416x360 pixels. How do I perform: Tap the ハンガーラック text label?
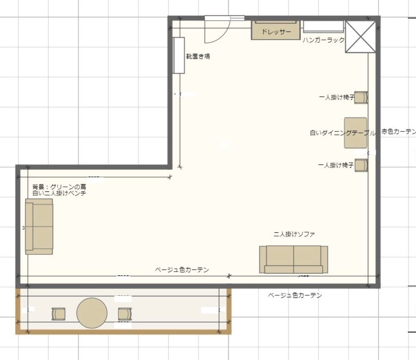pos(323,40)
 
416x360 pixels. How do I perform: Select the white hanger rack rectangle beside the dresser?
pos(323,27)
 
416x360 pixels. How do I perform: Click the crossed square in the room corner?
pos(360,36)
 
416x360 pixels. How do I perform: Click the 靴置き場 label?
pos(198,56)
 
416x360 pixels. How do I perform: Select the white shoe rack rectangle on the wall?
pos(179,55)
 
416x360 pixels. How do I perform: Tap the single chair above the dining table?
pos(361,97)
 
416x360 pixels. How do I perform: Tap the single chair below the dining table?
pos(361,165)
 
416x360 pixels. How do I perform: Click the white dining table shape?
pos(356,133)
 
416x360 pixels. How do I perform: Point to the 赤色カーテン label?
pos(398,131)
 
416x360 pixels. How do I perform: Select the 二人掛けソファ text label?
pos(294,234)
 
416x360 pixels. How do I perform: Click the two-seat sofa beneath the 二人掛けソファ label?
pos(293,259)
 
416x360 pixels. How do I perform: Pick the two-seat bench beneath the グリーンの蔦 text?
pos(39,226)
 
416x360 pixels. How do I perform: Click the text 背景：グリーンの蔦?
pos(59,187)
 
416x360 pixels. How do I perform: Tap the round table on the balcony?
pos(92,313)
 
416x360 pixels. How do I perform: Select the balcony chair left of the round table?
pos(58,314)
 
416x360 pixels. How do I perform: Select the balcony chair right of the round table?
pos(125,314)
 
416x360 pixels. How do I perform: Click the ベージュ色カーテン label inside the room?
pos(182,269)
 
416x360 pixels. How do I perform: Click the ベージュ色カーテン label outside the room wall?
pos(295,295)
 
